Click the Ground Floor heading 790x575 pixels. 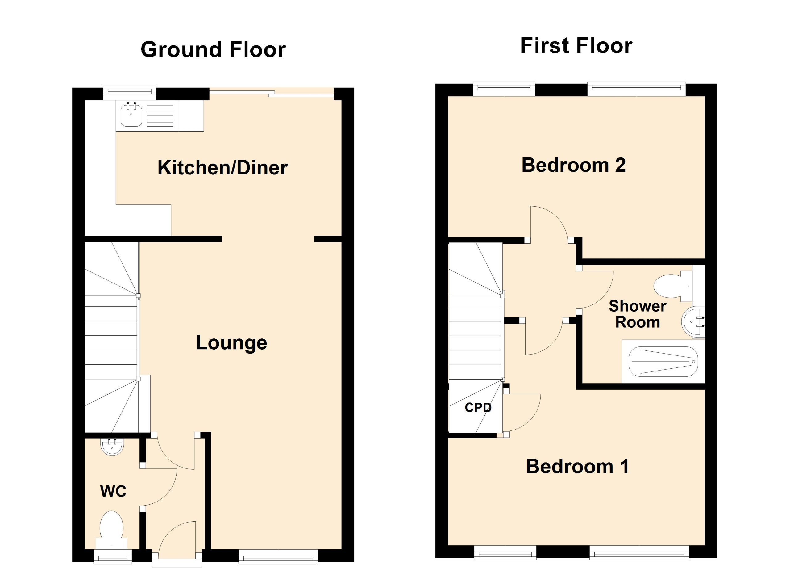point(213,50)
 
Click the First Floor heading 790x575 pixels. point(576,46)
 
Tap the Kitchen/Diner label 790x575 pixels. point(222,168)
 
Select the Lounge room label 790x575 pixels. point(231,343)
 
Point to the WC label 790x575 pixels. point(113,491)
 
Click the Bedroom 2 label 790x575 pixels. point(573,165)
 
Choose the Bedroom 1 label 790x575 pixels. point(577,466)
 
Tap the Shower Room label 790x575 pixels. point(638,314)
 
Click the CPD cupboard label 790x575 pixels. point(478,407)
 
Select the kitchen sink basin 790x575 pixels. point(131,116)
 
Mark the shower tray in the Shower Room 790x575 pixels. point(663,362)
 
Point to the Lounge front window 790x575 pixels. point(278,556)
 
